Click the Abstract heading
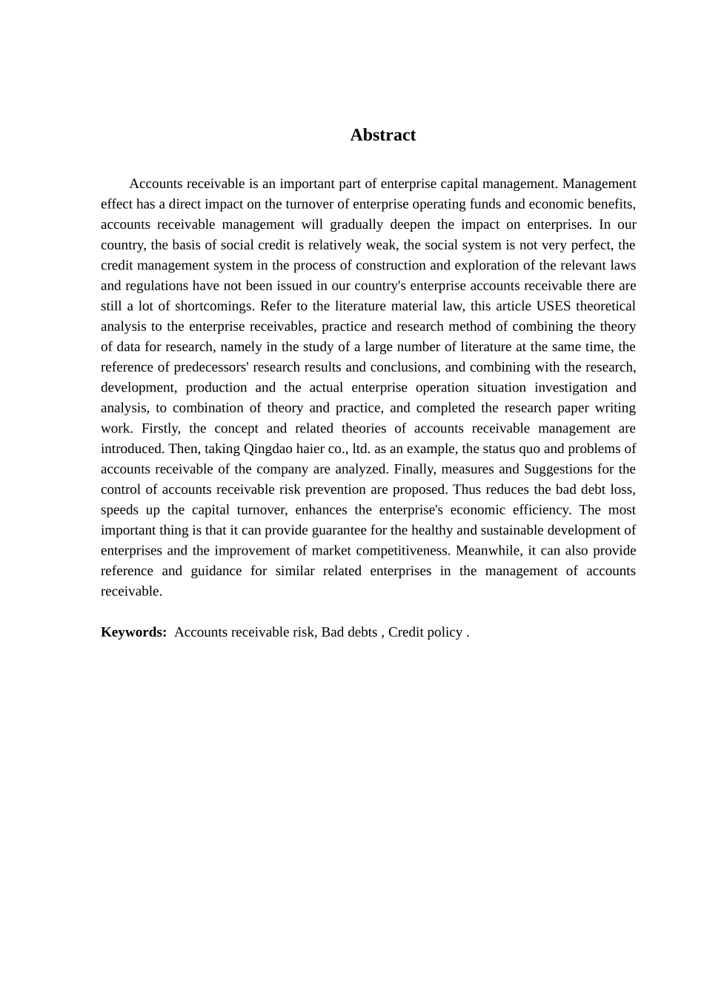click(x=382, y=135)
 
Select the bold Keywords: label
click(x=134, y=632)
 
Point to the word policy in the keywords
click(x=444, y=632)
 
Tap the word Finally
click(x=414, y=469)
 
